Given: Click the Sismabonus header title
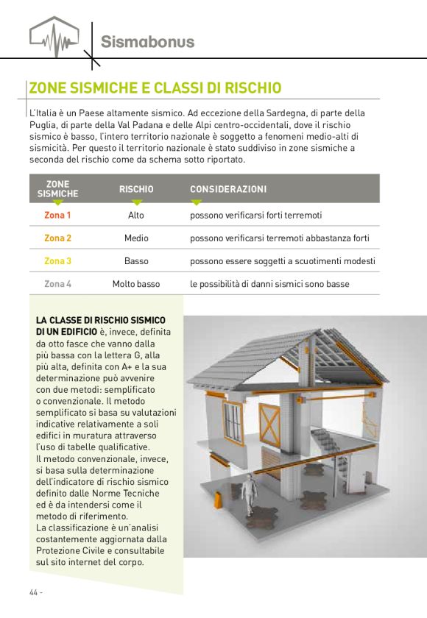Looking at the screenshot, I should [x=147, y=41].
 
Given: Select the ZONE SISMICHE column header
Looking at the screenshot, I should [x=57, y=188].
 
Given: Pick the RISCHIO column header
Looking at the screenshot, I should [x=136, y=190].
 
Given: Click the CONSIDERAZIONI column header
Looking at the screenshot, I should [x=228, y=190].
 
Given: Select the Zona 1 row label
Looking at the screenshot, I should [x=57, y=216].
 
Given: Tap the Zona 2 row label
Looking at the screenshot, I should [x=57, y=238].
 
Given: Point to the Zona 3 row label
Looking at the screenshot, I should [x=57, y=261].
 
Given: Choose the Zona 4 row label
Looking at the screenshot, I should [x=57, y=284].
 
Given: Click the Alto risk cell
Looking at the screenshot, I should [x=136, y=216].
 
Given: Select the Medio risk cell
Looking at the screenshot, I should [x=136, y=238].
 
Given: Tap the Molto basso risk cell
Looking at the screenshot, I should [x=136, y=284].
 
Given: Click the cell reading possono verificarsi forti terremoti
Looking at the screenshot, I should [x=256, y=216].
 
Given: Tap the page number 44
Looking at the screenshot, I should [x=35, y=592].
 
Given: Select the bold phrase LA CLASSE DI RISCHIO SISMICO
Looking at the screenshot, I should [x=100, y=320].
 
